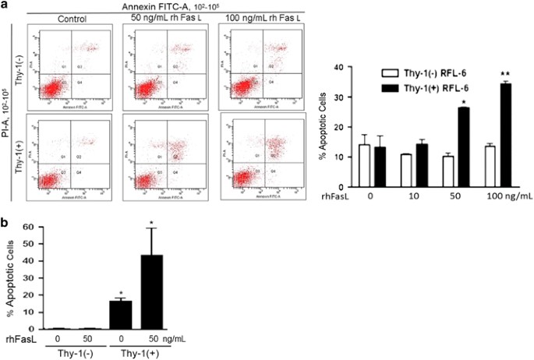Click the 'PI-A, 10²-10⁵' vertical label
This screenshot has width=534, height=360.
pos(7,109)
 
